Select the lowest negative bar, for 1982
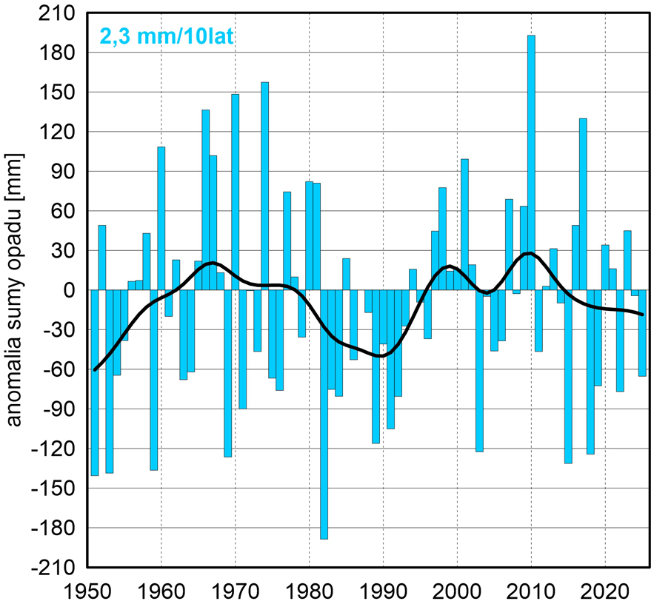pos(324,415)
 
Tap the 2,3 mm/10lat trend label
pos(166,36)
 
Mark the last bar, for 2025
pos(642,333)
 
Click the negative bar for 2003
pos(479,370)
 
